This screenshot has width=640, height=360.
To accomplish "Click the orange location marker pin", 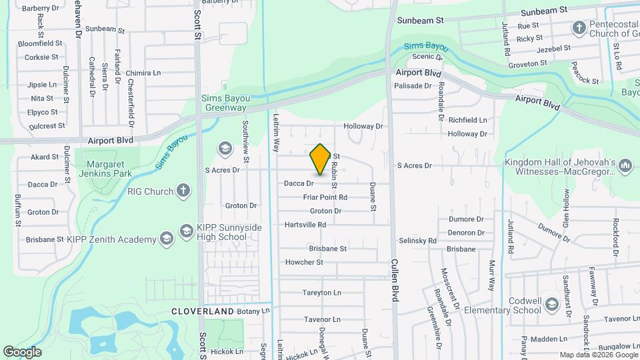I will pos(321,159).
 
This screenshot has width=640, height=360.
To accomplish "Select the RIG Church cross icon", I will pos(183,191).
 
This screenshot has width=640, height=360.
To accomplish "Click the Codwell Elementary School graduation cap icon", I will pos(551,305).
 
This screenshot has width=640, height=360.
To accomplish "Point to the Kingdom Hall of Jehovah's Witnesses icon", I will pos(625,165).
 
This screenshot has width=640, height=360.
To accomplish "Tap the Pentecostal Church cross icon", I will pos(579,28).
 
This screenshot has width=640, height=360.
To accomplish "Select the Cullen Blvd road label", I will pos(395,281).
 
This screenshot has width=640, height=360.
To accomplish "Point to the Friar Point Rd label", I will pos(325,197).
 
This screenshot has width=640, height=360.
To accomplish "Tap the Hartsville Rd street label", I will pos(305,225).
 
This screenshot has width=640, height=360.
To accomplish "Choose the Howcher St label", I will pos(304,263).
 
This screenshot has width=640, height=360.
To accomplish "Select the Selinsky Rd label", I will pos(417,241).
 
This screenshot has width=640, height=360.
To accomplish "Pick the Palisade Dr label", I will pos(413,86).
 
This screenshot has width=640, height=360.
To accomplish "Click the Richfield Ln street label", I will pos(467,121).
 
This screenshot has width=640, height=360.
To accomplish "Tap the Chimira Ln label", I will pos(143,73).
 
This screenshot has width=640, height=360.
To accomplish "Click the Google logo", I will pos(22,351).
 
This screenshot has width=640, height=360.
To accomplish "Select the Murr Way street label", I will pos(492,274).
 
